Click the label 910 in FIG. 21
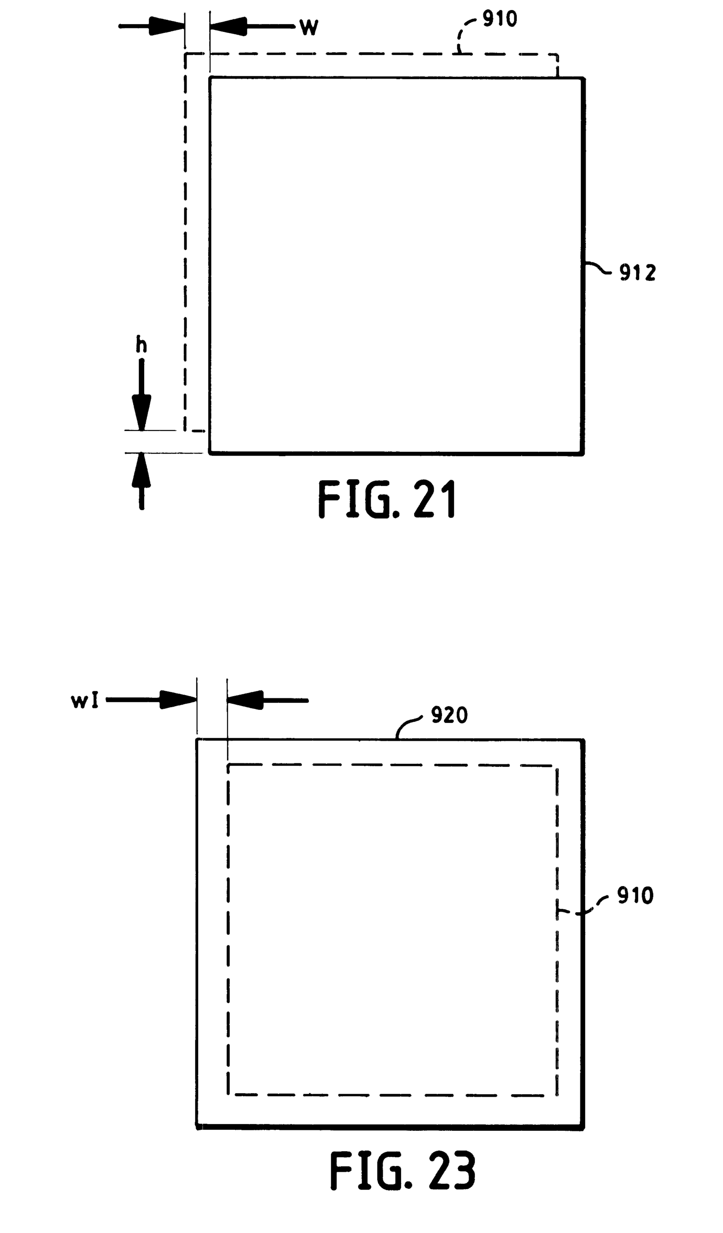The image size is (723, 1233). [x=500, y=19]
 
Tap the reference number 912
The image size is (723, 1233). [x=637, y=273]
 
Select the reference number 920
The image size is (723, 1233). [x=449, y=715]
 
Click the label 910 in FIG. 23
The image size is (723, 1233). [x=635, y=896]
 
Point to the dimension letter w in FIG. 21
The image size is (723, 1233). [x=309, y=27]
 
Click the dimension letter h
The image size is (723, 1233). [x=141, y=345]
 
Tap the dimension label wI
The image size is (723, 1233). [x=85, y=701]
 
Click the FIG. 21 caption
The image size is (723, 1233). [x=387, y=499]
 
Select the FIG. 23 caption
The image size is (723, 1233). [x=402, y=1170]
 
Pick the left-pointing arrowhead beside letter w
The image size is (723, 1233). [x=228, y=26]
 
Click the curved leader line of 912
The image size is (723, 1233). [x=599, y=268]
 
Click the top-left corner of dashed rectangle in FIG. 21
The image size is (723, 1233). [x=186, y=54]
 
